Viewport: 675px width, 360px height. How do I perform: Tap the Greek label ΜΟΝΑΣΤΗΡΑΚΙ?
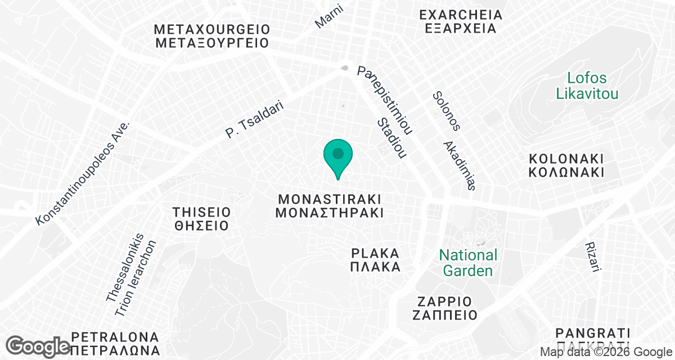330,213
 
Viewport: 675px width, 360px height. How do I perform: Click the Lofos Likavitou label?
587,85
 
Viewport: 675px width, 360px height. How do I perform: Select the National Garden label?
468,263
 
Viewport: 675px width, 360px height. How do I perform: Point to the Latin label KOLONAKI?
566,157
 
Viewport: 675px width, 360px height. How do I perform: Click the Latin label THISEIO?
201,212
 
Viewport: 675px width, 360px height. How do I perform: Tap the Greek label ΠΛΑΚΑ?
375,267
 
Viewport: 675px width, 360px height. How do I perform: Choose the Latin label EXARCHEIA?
460,13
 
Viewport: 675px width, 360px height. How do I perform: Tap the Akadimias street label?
460,166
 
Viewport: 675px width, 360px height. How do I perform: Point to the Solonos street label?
447,111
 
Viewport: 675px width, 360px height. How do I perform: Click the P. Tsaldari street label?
254,120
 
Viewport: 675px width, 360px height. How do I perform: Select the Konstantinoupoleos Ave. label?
83,172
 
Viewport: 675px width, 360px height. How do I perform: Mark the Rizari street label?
593,258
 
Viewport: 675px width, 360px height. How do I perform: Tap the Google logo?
39,346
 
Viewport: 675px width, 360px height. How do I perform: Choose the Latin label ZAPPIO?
444,300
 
